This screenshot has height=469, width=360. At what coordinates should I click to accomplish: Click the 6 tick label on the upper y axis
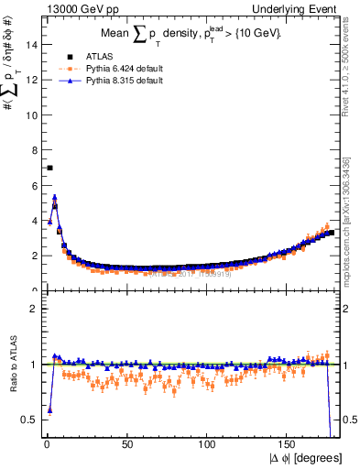tap(33, 185)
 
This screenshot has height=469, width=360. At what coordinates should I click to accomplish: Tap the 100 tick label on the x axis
tap(208, 444)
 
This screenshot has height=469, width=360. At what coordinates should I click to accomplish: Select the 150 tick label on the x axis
tap(288, 444)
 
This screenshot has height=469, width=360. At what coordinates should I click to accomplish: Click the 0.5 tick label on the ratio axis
tap(28, 420)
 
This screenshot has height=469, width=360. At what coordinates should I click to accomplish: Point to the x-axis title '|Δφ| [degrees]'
tap(307, 457)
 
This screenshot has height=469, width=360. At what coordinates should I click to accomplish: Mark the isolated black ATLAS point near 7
tap(49, 168)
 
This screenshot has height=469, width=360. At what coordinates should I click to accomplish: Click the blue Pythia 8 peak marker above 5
tap(55, 196)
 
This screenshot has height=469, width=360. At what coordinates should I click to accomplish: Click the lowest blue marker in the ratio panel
tap(49, 409)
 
